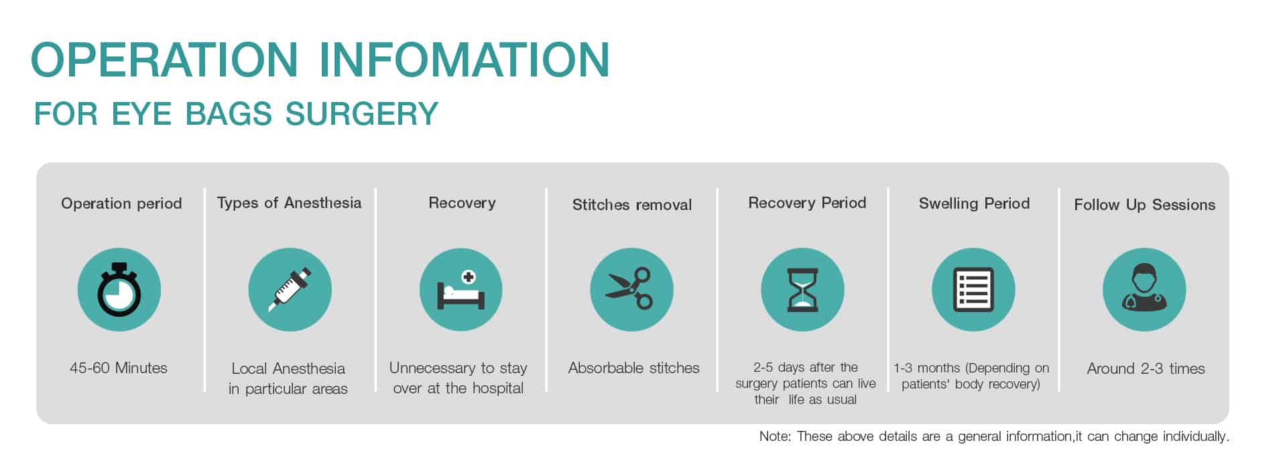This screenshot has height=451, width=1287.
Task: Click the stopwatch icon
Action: pyautogui.click(x=119, y=289)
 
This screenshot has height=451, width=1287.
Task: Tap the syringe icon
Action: pyautogui.click(x=290, y=289)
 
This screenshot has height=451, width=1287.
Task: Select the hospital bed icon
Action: pyautogui.click(x=461, y=289)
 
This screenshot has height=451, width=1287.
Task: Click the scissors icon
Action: pyautogui.click(x=631, y=289)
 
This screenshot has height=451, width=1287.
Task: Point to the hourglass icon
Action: pyautogui.click(x=802, y=289)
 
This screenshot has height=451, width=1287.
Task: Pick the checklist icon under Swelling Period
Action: pyautogui.click(x=973, y=289)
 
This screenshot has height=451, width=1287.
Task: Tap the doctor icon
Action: pyautogui.click(x=1144, y=289)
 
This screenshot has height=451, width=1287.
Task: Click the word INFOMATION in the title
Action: pyautogui.click(x=465, y=60)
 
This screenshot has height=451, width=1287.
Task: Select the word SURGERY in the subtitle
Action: pyautogui.click(x=361, y=113)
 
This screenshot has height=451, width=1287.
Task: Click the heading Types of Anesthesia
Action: pyautogui.click(x=289, y=203)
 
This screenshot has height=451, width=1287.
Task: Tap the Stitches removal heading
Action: pyautogui.click(x=632, y=205)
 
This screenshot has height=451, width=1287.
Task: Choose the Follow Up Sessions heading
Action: pyautogui.click(x=1144, y=205)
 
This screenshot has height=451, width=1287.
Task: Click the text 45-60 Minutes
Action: pyautogui.click(x=119, y=368)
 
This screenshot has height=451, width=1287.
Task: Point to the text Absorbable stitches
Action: pyautogui.click(x=633, y=368)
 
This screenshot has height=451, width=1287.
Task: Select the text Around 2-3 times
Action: pyautogui.click(x=1146, y=368)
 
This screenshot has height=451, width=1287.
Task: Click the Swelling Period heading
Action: pyautogui.click(x=974, y=203)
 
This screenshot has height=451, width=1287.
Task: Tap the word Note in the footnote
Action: pyautogui.click(x=774, y=436)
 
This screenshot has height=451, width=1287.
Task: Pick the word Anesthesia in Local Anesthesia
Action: pyautogui.click(x=308, y=368)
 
